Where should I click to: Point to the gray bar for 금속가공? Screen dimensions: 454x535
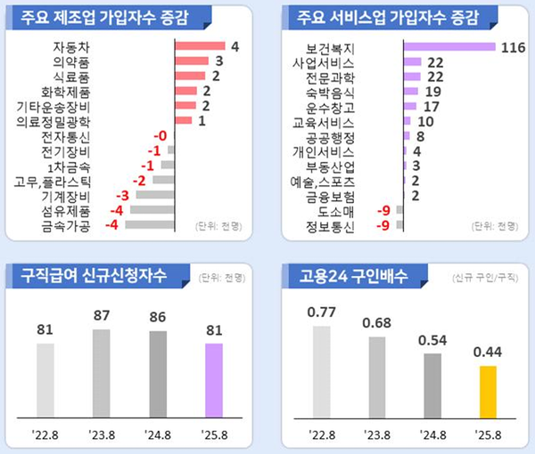[149, 225]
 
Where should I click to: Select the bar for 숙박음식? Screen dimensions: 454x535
[412, 92]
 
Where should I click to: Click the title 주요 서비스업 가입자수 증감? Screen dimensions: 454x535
[374, 15]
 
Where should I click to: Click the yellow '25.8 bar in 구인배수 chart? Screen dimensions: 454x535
[487, 397]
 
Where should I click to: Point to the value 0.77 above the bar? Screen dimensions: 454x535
[322, 311]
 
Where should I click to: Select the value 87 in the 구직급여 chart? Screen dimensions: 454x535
[103, 315]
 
